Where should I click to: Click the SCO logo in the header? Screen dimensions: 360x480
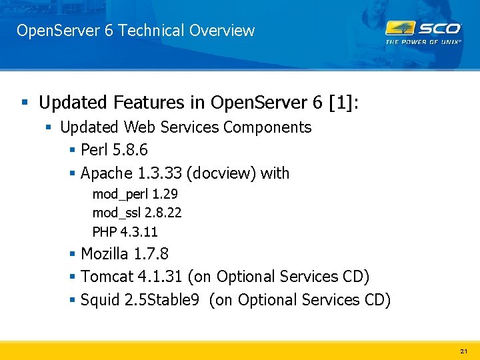(423, 29)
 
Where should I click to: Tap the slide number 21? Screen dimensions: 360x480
(463, 350)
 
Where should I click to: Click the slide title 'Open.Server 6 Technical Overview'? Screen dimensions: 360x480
(135, 31)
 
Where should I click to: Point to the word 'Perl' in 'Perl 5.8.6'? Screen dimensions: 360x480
(94, 150)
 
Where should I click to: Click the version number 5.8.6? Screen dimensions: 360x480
(129, 150)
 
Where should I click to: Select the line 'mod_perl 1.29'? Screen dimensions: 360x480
(135, 194)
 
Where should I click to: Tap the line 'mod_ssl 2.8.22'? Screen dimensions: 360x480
(137, 213)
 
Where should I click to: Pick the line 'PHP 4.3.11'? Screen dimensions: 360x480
(125, 232)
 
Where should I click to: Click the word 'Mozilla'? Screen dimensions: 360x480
(105, 254)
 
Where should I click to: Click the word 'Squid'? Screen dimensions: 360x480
(100, 300)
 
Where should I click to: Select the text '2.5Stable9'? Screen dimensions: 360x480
(162, 300)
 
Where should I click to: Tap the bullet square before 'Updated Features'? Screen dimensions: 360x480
(25, 103)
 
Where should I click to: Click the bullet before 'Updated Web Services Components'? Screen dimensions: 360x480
(49, 127)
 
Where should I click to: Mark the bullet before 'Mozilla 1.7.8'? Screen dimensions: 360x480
(72, 255)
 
